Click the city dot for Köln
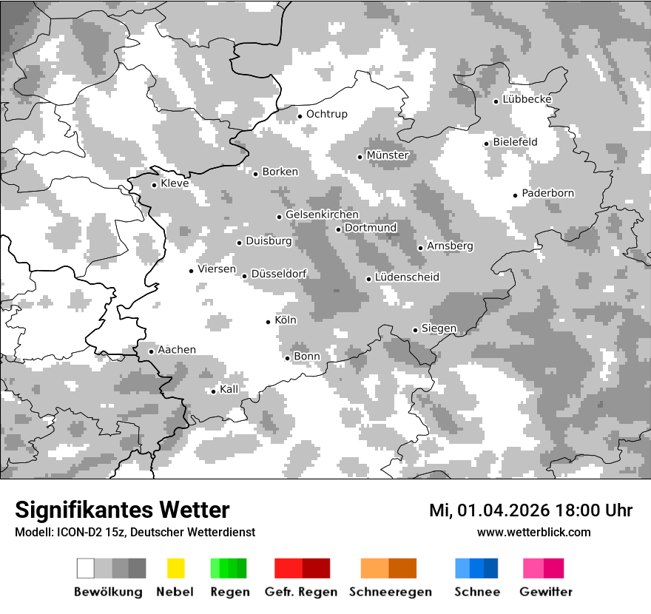tap(269, 322)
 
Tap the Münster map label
tap(388, 155)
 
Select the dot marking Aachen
tap(151, 351)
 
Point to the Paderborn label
tap(548, 194)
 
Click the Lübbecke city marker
tap(496, 101)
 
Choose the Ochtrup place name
tap(327, 114)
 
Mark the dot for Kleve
tap(154, 185)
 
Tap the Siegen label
tap(439, 328)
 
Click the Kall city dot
tap(213, 391)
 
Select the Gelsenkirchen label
tap(323, 215)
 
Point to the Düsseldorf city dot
tap(245, 276)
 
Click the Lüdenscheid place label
tap(408, 277)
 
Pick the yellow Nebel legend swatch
tap(175, 568)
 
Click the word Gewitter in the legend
tap(546, 592)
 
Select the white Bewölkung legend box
tap(86, 568)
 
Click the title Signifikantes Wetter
tap(122, 510)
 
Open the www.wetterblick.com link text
tap(534, 532)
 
